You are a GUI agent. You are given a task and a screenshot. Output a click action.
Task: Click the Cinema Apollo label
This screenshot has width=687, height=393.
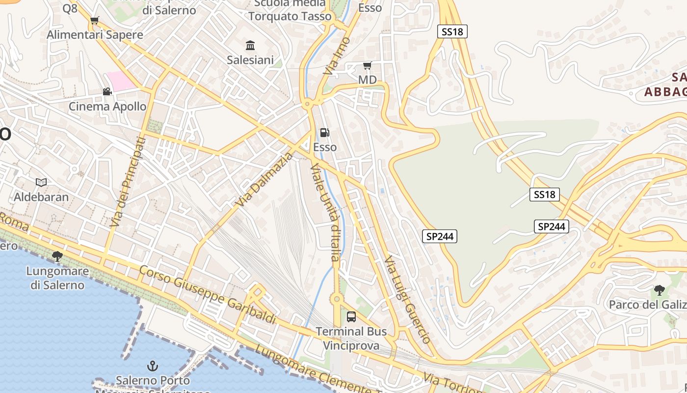coord(107,106)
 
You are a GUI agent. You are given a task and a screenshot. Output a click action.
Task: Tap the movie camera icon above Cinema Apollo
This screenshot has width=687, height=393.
coord(107,91)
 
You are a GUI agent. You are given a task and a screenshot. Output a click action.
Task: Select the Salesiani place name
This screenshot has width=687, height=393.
coord(250,60)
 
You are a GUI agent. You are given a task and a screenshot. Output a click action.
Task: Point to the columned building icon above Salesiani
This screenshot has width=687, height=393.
coord(250,46)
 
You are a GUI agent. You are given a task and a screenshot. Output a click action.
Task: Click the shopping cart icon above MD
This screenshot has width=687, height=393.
coord(367,65)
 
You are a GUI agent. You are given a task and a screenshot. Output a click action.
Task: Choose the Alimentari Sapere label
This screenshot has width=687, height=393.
coord(95,35)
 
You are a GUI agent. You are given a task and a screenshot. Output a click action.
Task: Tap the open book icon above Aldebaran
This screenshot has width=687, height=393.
coord(41,183)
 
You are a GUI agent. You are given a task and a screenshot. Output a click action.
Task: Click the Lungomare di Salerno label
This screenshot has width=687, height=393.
coord(57,278)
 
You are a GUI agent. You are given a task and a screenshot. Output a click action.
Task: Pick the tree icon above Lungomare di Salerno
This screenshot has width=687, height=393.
coord(57,256)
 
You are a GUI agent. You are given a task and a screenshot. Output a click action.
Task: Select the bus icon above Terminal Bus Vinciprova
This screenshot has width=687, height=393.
coord(351,317)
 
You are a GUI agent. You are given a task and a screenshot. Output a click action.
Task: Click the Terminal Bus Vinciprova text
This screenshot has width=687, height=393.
coord(351,338)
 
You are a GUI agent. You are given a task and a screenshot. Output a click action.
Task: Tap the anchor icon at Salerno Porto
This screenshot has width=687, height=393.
coord(153,366)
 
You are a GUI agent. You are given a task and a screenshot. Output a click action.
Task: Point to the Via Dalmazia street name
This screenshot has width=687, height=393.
coord(264,179)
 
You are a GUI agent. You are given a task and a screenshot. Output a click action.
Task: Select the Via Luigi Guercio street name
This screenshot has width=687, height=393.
coord(407,299)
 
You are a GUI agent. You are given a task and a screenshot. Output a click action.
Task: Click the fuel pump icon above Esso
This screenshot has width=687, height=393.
coord(324,132)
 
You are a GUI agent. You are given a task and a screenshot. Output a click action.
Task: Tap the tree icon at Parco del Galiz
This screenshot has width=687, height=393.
coord(659,290)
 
